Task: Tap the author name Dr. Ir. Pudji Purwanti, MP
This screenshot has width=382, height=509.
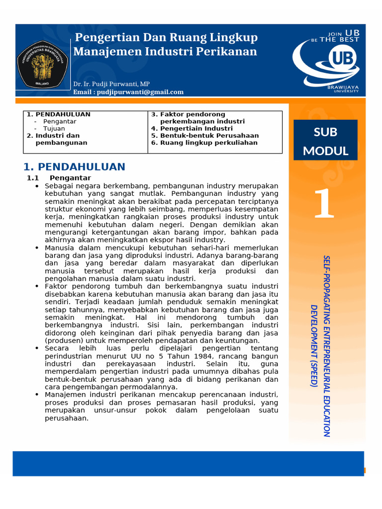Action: [x=111, y=84]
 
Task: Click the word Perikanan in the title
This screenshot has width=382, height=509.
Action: [x=233, y=51]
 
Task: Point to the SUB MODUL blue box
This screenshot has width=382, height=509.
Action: [x=325, y=140]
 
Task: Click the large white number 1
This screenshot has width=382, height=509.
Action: [x=324, y=204]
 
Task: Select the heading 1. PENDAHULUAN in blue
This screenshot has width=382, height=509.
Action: [x=75, y=167]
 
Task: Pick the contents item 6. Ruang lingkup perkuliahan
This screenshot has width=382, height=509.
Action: [x=204, y=143]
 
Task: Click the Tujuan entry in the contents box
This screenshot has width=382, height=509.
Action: [x=54, y=128]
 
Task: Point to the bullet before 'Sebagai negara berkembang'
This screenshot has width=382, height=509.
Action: [x=37, y=186]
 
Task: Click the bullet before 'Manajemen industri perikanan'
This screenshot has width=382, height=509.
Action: [x=37, y=395]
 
